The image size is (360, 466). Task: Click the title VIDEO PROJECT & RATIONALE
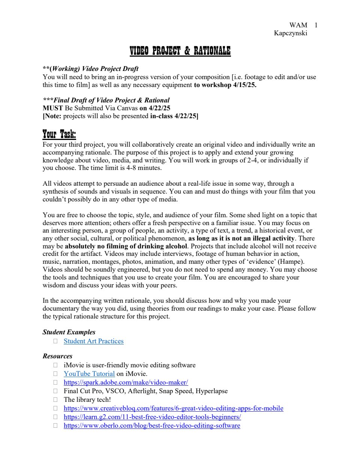[x=180, y=51]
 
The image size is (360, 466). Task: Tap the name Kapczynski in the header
[x=290, y=33]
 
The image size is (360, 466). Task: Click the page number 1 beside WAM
[x=316, y=25]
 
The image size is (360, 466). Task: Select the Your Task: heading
[x=59, y=134]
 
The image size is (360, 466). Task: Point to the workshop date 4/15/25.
[x=244, y=85]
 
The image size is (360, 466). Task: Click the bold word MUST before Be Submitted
[x=53, y=108]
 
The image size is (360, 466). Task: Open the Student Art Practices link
[x=93, y=341]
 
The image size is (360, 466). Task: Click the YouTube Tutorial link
[x=89, y=374]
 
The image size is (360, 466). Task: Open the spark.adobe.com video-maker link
[x=126, y=382]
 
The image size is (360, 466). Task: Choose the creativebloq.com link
[x=173, y=408]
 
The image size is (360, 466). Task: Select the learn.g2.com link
[x=152, y=417]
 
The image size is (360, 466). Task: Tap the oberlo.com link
[x=152, y=425]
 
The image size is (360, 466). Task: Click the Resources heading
[x=57, y=356]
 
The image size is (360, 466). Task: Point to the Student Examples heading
[x=69, y=332]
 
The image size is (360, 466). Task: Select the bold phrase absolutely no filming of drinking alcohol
[x=126, y=247]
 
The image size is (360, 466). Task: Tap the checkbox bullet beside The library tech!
[x=55, y=400]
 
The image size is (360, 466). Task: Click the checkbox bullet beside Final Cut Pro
[x=55, y=391]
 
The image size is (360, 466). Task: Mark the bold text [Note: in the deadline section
[x=52, y=116]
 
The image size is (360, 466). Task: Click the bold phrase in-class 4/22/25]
[x=174, y=116]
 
